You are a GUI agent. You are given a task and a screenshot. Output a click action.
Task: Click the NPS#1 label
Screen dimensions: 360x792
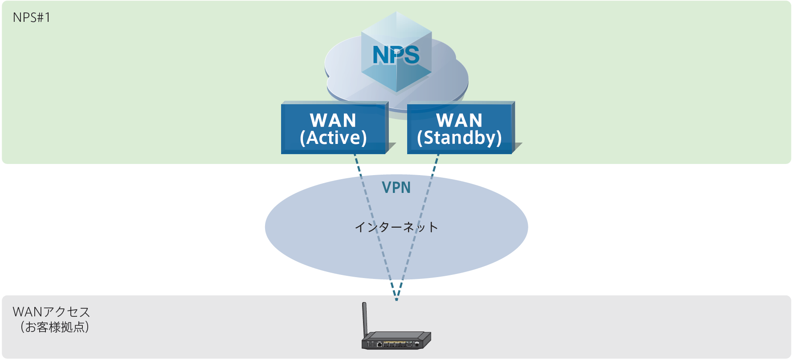[x=31, y=17]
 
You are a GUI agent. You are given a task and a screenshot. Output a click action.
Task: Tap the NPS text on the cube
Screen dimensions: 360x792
[x=396, y=55]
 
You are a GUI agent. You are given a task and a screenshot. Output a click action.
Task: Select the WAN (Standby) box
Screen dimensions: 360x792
[x=459, y=129]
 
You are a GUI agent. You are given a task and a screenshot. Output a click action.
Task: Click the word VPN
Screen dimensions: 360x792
[x=396, y=188]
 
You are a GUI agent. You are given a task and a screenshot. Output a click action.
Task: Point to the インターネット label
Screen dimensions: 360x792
[x=396, y=227]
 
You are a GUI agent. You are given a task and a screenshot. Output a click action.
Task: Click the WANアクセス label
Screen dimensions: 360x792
[x=51, y=312]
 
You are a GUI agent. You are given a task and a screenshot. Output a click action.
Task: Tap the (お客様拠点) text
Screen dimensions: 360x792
[x=54, y=327]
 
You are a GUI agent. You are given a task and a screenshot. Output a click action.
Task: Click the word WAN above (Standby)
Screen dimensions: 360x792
[x=459, y=120]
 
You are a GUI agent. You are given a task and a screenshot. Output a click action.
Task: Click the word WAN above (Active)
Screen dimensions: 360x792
[x=333, y=120]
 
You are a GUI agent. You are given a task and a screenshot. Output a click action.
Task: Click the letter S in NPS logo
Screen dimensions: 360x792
[x=411, y=55]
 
